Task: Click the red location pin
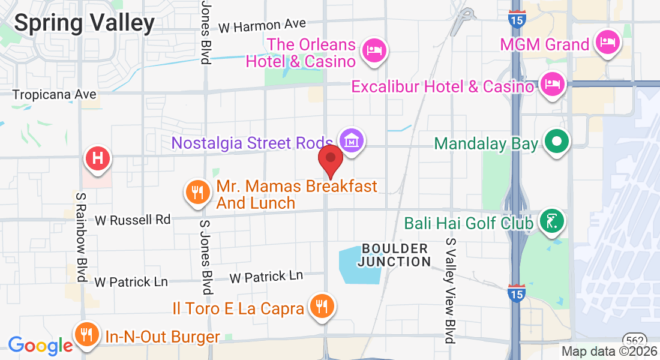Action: pyautogui.click(x=330, y=158)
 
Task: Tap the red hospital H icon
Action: pyautogui.click(x=99, y=159)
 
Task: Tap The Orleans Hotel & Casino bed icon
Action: pyautogui.click(x=375, y=48)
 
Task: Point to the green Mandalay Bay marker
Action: pyautogui.click(x=557, y=143)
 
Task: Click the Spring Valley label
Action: pyautogui.click(x=84, y=23)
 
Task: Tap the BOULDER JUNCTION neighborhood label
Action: pyautogui.click(x=394, y=255)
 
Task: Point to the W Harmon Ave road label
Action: pyautogui.click(x=262, y=25)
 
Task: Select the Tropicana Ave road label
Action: pyautogui.click(x=54, y=95)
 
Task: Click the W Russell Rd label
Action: pyautogui.click(x=132, y=220)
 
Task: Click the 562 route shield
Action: pyautogui.click(x=634, y=339)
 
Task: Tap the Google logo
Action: pyautogui.click(x=40, y=346)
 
